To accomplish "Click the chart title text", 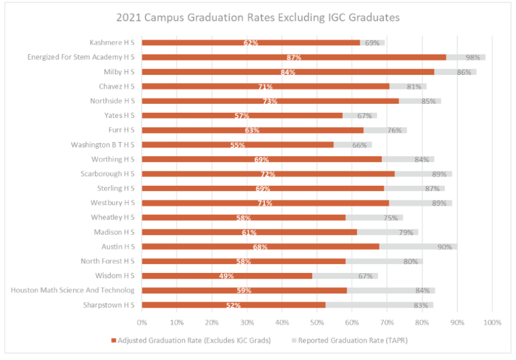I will (258, 17).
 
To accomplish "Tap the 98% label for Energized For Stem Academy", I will (472, 57).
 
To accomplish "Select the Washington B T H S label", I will (103, 145).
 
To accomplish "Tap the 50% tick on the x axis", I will (317, 322).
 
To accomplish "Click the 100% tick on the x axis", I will (492, 322).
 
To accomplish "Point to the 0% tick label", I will (142, 322).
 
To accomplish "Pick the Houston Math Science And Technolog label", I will (73, 290).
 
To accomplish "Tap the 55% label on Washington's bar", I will (237, 145).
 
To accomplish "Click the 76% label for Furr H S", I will (395, 131).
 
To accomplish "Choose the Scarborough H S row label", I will (107, 174).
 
